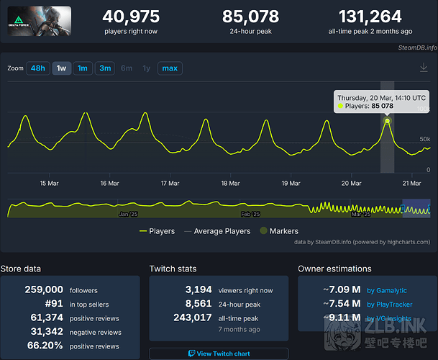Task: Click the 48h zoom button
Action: click(38, 68)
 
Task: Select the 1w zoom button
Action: click(62, 68)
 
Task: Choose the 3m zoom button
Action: click(105, 68)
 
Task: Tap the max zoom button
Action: click(170, 68)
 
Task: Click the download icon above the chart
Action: click(424, 68)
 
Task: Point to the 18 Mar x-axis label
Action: click(230, 183)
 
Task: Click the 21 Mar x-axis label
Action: click(411, 183)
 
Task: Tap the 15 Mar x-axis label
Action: click(49, 183)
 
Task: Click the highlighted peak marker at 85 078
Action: click(387, 120)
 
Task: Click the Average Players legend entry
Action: click(219, 231)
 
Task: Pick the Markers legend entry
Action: click(278, 231)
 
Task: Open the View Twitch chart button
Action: click(219, 354)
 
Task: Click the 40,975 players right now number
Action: click(130, 17)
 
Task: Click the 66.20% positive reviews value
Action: click(45, 346)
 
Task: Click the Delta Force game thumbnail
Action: click(40, 22)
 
